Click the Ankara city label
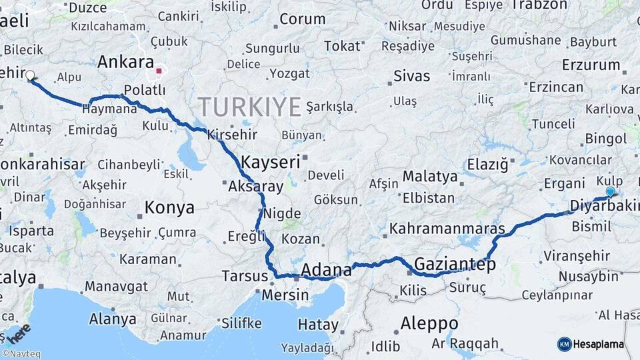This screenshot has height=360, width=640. click(x=125, y=62)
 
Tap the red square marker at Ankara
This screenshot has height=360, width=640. click(x=159, y=69)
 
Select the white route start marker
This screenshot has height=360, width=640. click(x=30, y=75)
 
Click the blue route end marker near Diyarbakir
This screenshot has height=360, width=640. click(x=610, y=192)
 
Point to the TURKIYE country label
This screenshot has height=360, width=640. click(x=249, y=105)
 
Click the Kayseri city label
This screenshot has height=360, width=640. click(x=270, y=161)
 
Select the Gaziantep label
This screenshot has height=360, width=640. click(x=455, y=264)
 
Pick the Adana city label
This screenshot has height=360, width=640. click(x=326, y=270)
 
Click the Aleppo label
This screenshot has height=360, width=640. click(x=429, y=323)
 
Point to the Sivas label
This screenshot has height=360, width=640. click(x=411, y=75)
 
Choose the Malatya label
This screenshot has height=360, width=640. click(x=430, y=177)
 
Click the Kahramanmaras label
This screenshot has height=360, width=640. click(x=447, y=228)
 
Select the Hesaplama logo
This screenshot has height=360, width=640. click(x=591, y=344)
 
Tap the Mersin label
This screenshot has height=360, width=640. click(x=285, y=294)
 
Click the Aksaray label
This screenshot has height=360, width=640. click(x=255, y=187)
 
